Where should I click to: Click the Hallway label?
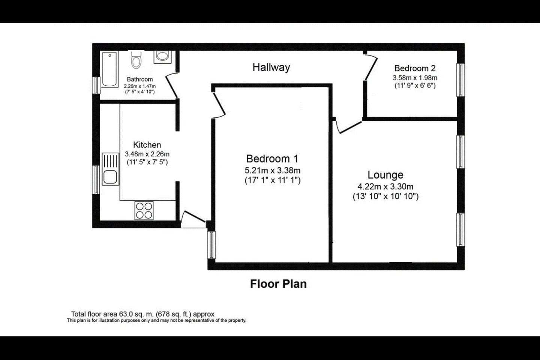pos(271,67)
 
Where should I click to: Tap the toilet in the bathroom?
pos(136,59)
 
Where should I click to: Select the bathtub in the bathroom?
pos(109,69)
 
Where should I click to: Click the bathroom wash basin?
pos(162,57)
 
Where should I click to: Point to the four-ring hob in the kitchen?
pos(144,210)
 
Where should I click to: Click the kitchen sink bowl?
pos(110,177)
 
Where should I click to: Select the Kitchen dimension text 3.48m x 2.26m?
pos(147,154)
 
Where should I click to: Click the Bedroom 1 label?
pos(272,159)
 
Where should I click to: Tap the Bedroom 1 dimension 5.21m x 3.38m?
pos(272,171)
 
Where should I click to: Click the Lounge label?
pos(385,175)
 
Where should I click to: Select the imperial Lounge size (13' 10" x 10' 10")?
pos(385,196)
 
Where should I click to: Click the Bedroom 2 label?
pos(415,69)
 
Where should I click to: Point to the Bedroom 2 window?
pos(460,80)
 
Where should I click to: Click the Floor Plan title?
pos(278,284)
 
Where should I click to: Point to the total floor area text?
pos(142,314)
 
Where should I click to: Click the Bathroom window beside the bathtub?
pos(96,85)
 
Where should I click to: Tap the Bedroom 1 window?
pos(211,245)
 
